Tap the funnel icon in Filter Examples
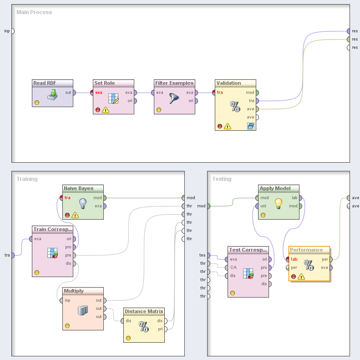tap(174, 98)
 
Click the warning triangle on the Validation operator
tap(228, 126)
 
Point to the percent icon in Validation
tap(235, 107)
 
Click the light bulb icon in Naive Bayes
tap(83, 203)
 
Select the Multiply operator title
tap(74, 291)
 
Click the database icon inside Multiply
tap(82, 310)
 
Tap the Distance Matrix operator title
tap(144, 311)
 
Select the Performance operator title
tap(306, 250)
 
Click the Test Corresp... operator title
tap(248, 250)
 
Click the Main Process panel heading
tap(34, 12)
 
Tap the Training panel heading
tap(27, 179)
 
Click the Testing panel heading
tap(222, 179)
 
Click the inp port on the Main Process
tap(13, 31)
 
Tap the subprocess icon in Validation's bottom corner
tap(251, 126)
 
